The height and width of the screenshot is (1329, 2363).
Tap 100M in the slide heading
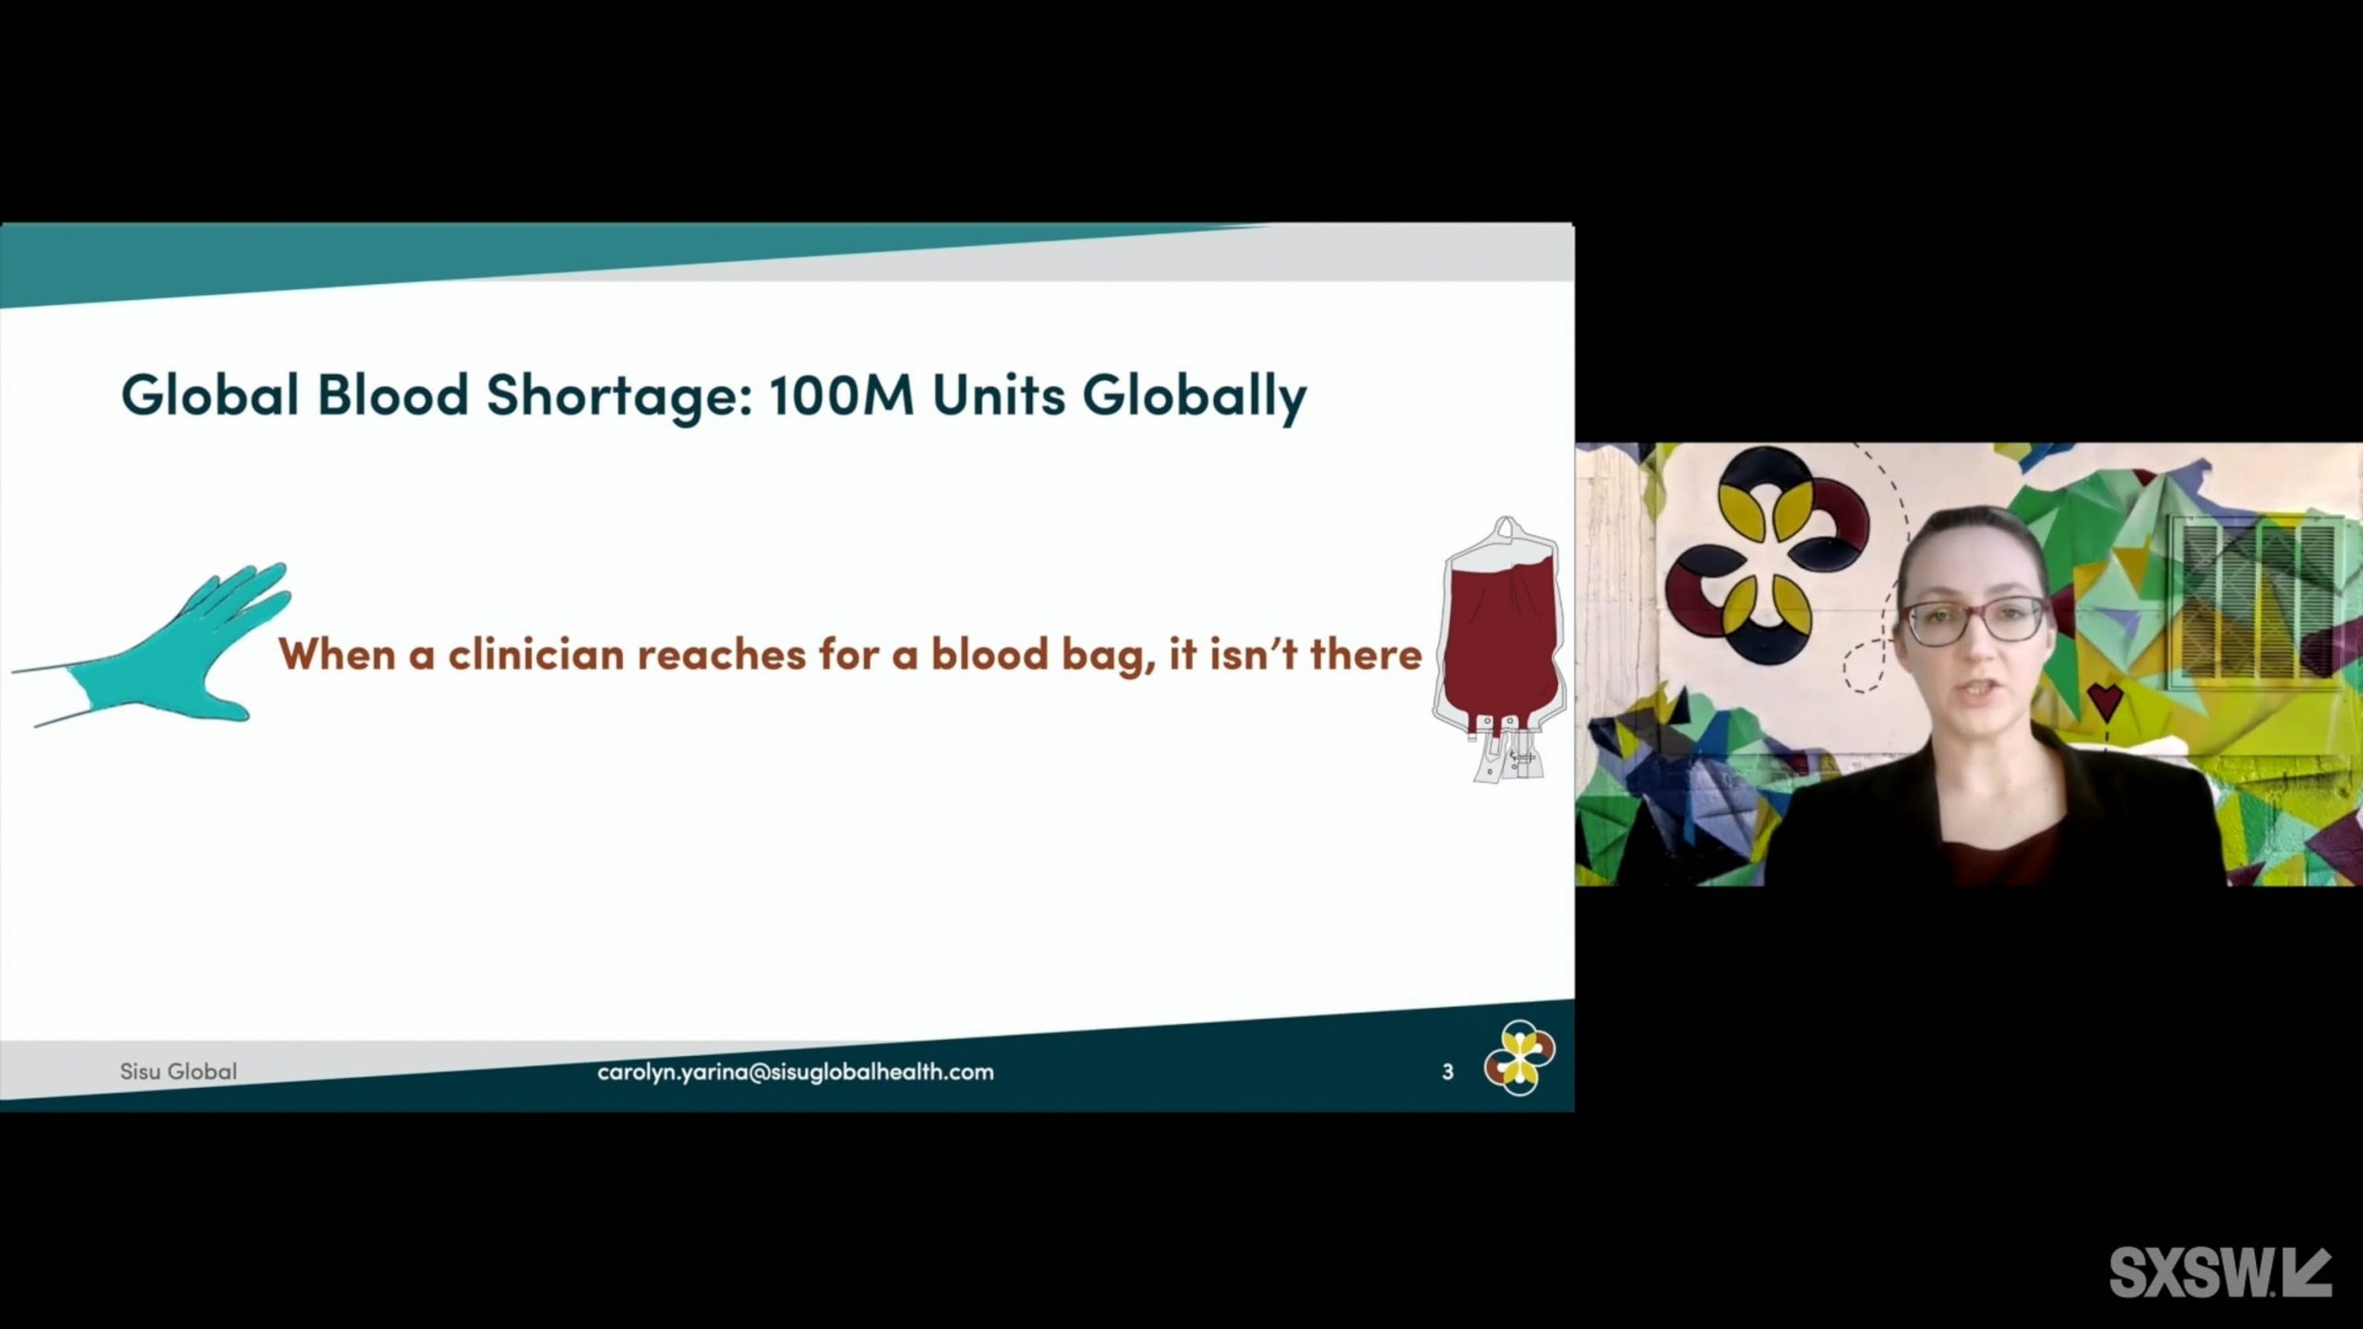[841, 395]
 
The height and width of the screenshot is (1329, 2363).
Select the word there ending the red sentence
[1366, 654]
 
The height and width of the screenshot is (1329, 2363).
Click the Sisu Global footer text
[178, 1072]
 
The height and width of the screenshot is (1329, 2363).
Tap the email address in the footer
[796, 1072]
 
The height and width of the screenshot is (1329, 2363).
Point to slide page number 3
[1447, 1072]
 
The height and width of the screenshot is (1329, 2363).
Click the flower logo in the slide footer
[1519, 1058]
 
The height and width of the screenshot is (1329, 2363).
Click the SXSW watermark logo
[2220, 1271]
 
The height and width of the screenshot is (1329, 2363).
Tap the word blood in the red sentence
[989, 654]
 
